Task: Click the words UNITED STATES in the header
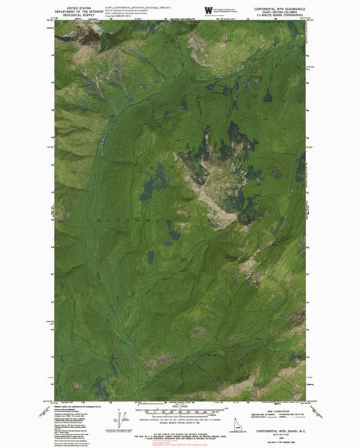[75, 4]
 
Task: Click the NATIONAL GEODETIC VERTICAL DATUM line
[180, 420]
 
